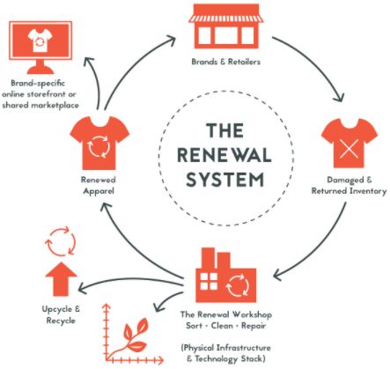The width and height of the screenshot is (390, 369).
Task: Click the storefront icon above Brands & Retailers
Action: [x=226, y=27]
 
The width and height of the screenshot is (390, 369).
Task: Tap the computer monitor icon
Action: [x=40, y=47]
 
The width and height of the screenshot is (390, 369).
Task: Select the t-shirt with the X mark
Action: [x=350, y=143]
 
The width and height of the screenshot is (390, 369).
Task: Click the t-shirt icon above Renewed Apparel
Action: [x=99, y=143]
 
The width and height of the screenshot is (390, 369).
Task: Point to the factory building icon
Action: [x=226, y=276]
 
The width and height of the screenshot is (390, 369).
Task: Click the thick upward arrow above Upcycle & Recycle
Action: [x=61, y=279]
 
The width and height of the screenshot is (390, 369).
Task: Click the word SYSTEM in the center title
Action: [x=225, y=179]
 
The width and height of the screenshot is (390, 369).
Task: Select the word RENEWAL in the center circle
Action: [x=224, y=155]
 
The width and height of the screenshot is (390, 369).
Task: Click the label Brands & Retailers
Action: [x=226, y=62]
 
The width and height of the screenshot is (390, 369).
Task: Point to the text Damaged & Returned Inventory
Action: [x=349, y=185]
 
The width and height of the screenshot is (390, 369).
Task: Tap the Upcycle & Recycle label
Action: [x=61, y=314]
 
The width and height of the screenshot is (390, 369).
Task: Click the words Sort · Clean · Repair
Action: [x=226, y=326]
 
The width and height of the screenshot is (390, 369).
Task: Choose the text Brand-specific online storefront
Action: [x=39, y=89]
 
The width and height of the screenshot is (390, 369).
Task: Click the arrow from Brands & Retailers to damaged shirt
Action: [x=318, y=61]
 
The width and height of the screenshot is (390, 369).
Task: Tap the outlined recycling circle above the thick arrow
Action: [x=61, y=241]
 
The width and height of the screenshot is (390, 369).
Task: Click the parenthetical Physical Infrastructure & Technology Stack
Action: [x=226, y=353]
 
